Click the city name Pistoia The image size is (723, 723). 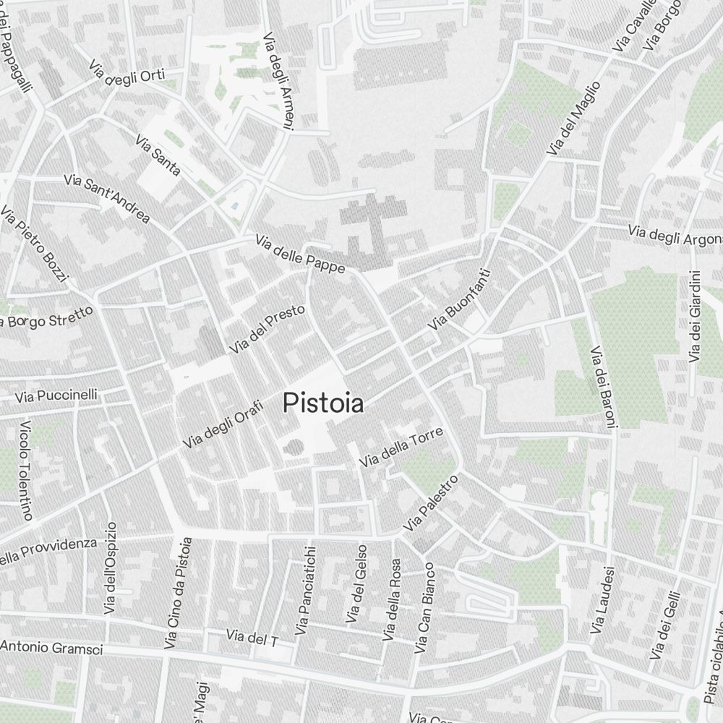coord(323,403)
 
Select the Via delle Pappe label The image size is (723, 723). coord(299,254)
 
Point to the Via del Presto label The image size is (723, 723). coord(268,329)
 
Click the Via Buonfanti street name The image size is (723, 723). coord(459,301)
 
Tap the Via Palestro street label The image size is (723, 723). coord(432,502)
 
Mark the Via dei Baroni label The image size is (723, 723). coord(602,388)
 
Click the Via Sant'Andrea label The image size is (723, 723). coord(107,198)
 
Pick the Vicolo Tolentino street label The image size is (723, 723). coord(27,470)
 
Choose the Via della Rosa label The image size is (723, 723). coord(391,599)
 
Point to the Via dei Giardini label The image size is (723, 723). coord(695,317)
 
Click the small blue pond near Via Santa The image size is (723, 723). coord(234,208)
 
